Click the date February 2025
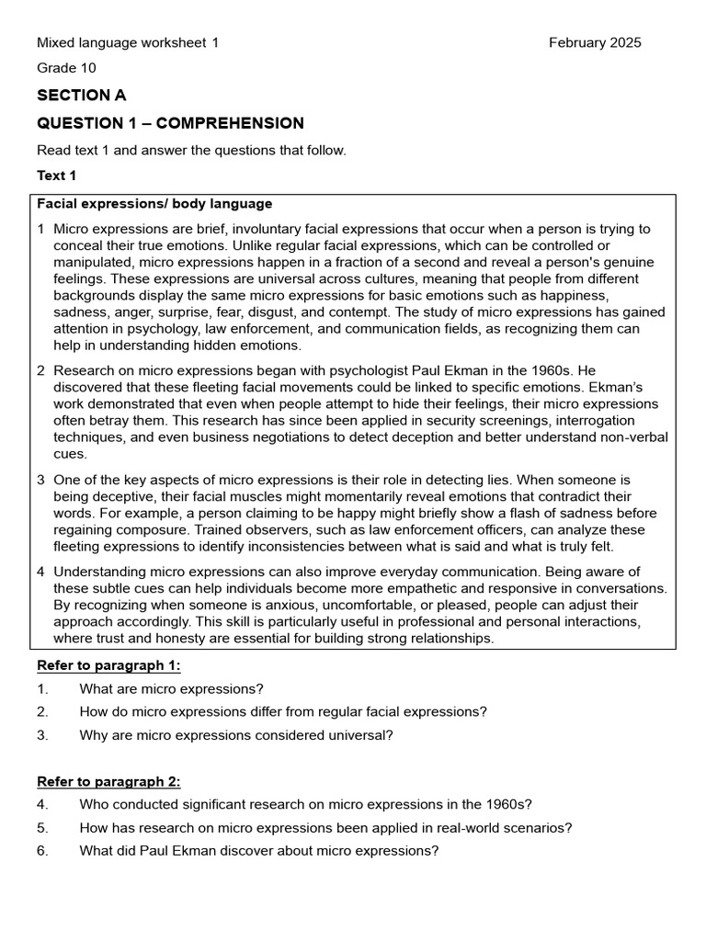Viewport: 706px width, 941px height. [x=595, y=42]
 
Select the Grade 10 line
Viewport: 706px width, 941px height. [x=66, y=68]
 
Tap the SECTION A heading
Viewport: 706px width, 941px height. [x=82, y=96]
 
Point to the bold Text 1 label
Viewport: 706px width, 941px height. [x=57, y=176]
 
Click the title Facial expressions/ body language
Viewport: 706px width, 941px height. [x=154, y=204]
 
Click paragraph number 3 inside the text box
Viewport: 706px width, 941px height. [x=41, y=480]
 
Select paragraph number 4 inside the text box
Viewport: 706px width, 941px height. [x=41, y=572]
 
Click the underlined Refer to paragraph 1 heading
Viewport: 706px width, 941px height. [x=108, y=665]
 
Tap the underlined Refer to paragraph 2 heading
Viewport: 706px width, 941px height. [x=108, y=782]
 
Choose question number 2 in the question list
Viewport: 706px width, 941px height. [x=42, y=711]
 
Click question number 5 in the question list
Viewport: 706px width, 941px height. [x=42, y=828]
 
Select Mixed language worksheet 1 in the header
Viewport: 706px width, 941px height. [x=128, y=42]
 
